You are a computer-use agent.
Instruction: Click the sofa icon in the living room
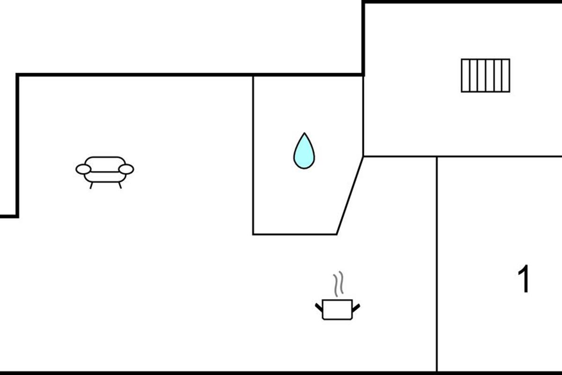coord(105,169)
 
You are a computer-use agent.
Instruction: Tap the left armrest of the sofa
coord(83,169)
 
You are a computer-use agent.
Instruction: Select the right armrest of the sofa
coord(126,169)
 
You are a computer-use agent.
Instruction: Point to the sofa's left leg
coord(91,186)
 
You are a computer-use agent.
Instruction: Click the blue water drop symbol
coord(304,152)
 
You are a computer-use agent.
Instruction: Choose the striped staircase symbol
coord(485,75)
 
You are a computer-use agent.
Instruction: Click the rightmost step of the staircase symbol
coord(506,75)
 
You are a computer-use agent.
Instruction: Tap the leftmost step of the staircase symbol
coord(465,75)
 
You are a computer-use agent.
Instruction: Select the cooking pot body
coord(337,310)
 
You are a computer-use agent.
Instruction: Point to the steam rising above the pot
coord(338,284)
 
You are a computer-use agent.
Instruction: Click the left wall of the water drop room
coord(253,155)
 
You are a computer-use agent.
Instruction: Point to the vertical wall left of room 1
coord(437,265)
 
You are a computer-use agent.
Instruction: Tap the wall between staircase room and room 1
coord(499,157)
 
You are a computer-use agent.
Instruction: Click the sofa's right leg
coord(120,186)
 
